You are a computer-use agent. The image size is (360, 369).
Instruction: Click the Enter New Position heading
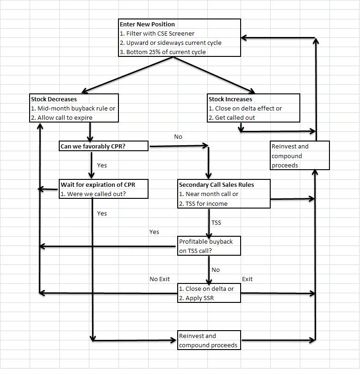pyautogui.click(x=147, y=24)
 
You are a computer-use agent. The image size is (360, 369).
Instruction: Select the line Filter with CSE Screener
pyautogui.click(x=157, y=33)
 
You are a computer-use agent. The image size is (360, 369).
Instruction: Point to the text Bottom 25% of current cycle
pyautogui.click(x=162, y=52)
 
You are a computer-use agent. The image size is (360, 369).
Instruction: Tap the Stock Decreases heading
pyautogui.click(x=54, y=99)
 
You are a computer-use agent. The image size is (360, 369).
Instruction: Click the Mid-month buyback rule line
pyautogui.click(x=73, y=108)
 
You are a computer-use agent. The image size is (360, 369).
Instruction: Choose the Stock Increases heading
pyautogui.click(x=230, y=99)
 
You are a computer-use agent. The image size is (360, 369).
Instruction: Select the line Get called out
pyautogui.click(x=232, y=117)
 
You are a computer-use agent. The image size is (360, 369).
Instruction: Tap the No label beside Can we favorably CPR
pyautogui.click(x=178, y=137)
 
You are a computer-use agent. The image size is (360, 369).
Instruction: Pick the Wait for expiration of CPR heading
pyautogui.click(x=98, y=184)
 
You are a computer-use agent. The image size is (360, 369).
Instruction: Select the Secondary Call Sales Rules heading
pyautogui.click(x=216, y=184)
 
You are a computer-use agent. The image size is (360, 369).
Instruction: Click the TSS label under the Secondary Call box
pyautogui.click(x=216, y=222)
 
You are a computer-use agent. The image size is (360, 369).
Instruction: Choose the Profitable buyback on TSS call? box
pyautogui.click(x=209, y=246)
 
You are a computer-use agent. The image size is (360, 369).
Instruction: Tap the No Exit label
pyautogui.click(x=160, y=279)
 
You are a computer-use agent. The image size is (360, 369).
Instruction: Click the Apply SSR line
pyautogui.click(x=196, y=298)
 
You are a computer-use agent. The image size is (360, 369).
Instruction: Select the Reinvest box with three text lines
pyautogui.click(x=300, y=156)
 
